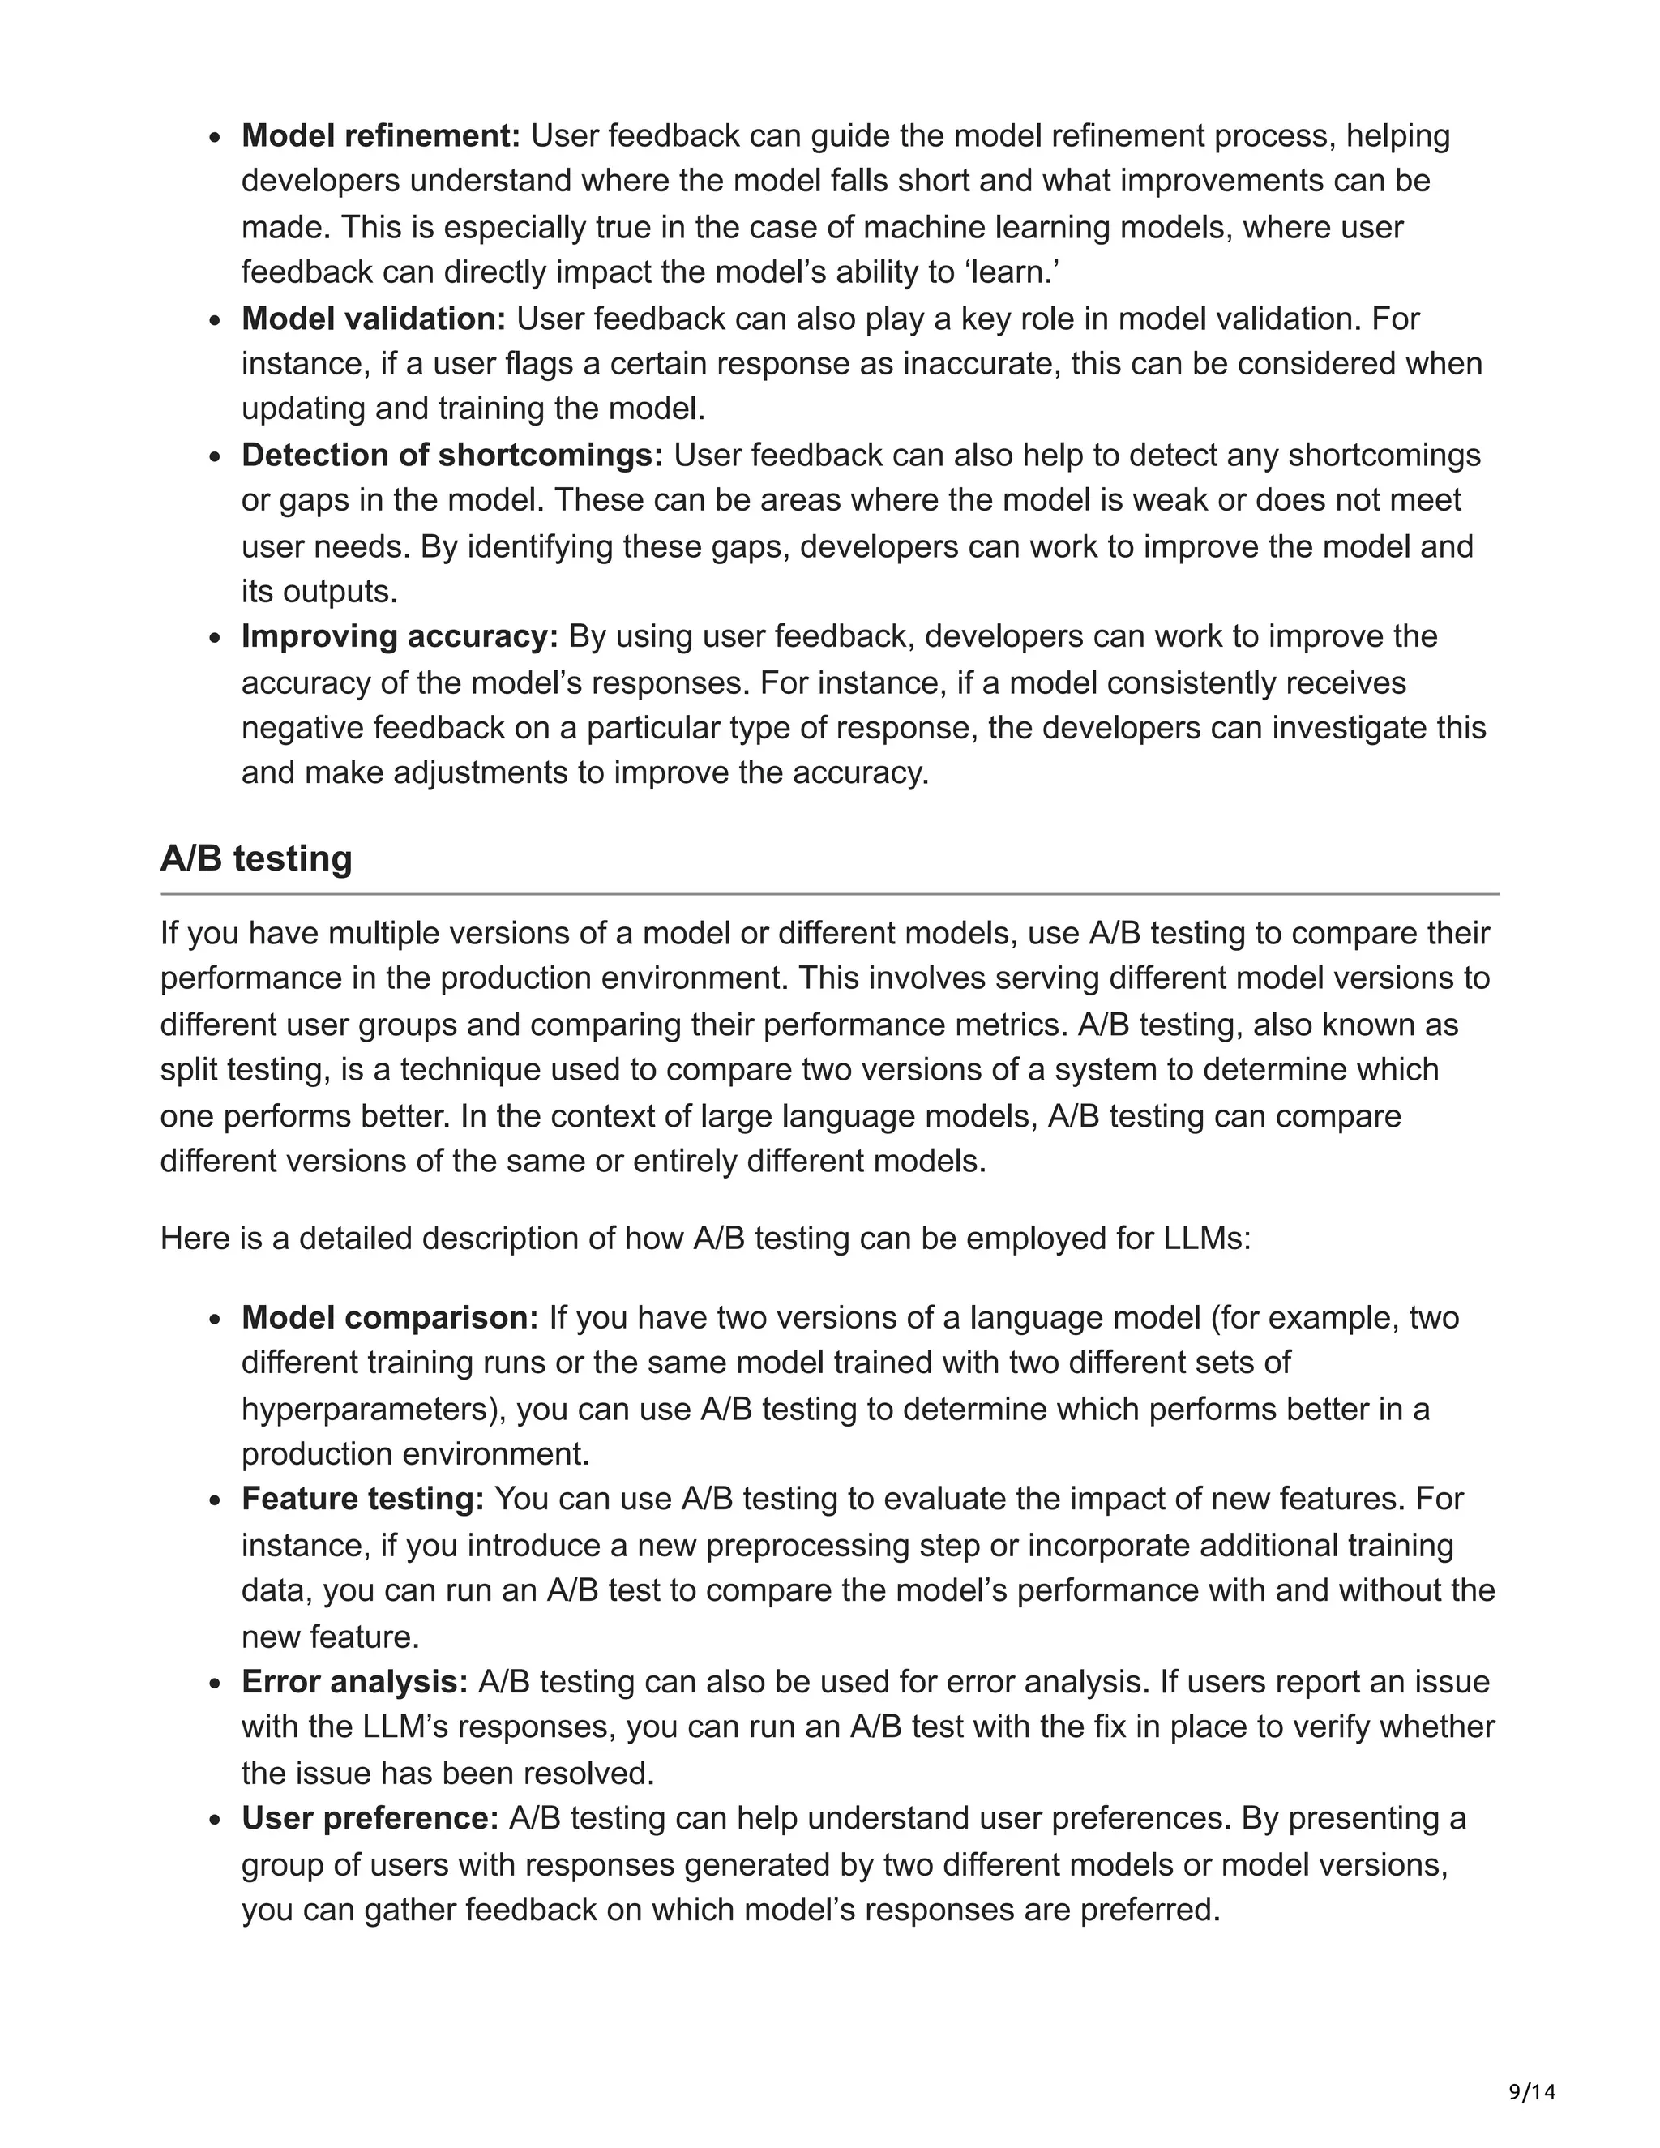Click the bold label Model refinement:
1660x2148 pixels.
click(381, 135)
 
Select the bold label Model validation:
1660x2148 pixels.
click(374, 319)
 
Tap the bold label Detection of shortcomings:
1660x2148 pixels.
click(452, 455)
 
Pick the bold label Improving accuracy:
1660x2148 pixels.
click(400, 636)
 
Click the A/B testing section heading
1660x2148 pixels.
click(255, 858)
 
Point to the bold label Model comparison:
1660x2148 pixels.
click(389, 1317)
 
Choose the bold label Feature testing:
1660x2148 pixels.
click(363, 1499)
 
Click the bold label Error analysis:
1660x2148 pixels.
click(355, 1682)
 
